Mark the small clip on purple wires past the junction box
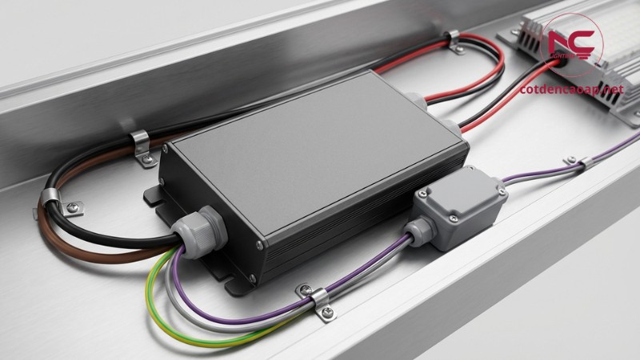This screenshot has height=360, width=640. pyautogui.click(x=582, y=164)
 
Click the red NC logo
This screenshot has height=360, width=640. pyautogui.click(x=573, y=40)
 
